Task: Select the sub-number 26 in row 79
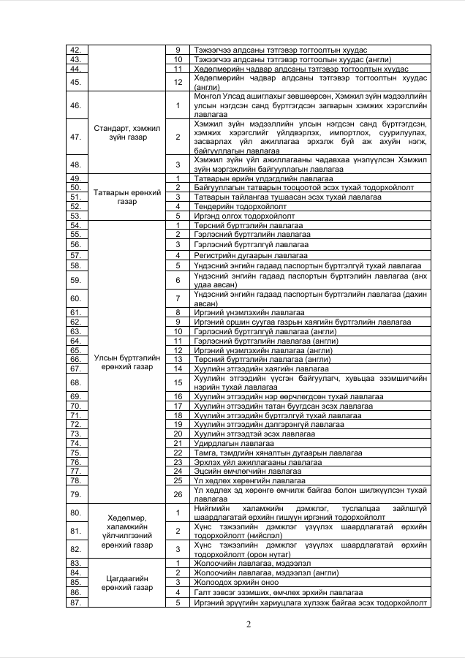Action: point(178,494)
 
